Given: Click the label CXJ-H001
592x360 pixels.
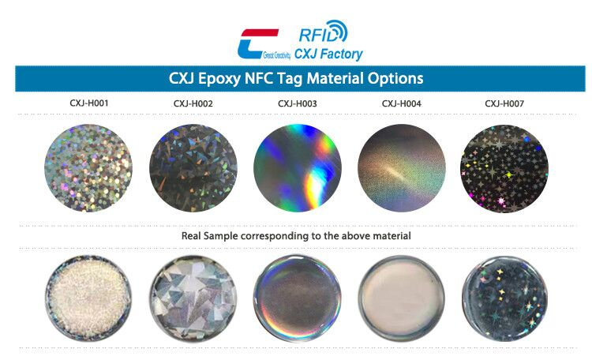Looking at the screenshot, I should (x=88, y=103).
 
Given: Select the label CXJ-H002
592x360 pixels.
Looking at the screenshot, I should (x=193, y=103).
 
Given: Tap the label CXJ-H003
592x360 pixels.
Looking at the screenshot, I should (x=297, y=103).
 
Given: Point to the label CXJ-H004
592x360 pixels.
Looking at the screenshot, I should (x=401, y=103).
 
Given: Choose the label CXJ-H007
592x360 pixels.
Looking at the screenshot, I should (x=504, y=103).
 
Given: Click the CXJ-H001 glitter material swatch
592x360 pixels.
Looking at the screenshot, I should (x=88, y=168).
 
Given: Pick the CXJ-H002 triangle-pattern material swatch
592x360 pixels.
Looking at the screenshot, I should (x=193, y=168).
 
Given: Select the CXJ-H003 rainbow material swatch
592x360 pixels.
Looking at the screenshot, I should (x=297, y=168).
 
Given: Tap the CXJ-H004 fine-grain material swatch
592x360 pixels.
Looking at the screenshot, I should (x=401, y=168).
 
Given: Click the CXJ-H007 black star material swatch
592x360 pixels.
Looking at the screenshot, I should (x=504, y=168).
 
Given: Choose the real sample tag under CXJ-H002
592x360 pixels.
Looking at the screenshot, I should (x=192, y=297).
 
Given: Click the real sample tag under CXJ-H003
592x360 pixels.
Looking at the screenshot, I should (x=297, y=297).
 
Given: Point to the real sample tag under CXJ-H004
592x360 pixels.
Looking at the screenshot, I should (x=401, y=297).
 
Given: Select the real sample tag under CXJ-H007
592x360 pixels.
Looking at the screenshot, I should (x=504, y=297).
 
